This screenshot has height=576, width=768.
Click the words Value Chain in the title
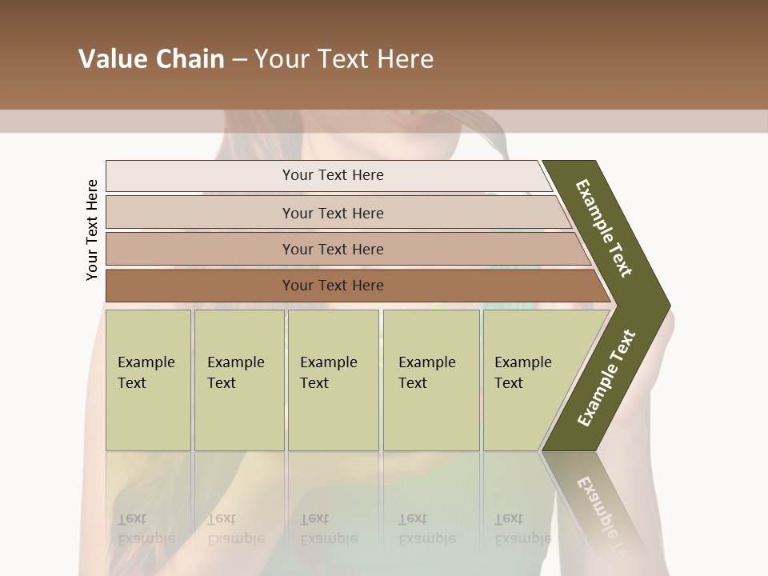point(151,59)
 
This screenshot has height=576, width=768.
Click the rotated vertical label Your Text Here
point(92,230)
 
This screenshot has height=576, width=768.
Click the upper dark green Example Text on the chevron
point(604,228)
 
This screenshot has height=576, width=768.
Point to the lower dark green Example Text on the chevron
point(606,378)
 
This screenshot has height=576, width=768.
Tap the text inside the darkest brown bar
point(333,286)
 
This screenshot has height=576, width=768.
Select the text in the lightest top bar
point(333,175)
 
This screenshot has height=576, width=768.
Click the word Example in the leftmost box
point(146,362)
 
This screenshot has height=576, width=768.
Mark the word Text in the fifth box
point(509,383)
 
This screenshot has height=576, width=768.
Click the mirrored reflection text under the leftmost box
point(146,529)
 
